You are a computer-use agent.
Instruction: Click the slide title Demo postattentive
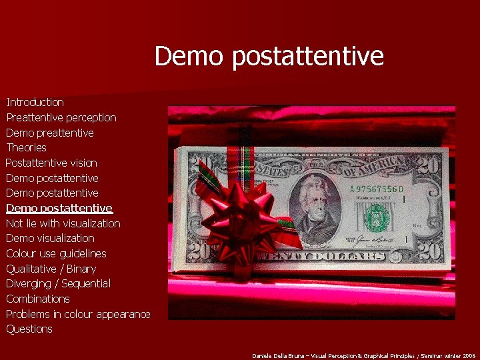tap(269, 56)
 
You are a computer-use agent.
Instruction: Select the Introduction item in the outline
tap(35, 102)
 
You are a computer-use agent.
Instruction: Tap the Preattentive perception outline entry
tap(61, 117)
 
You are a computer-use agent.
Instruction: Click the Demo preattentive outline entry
tap(50, 133)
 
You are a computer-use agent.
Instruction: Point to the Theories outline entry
tap(26, 147)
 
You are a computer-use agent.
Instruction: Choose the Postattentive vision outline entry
tap(51, 163)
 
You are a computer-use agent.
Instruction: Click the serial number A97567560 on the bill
tap(377, 189)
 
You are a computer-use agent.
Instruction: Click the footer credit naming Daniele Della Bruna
tap(364, 356)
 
